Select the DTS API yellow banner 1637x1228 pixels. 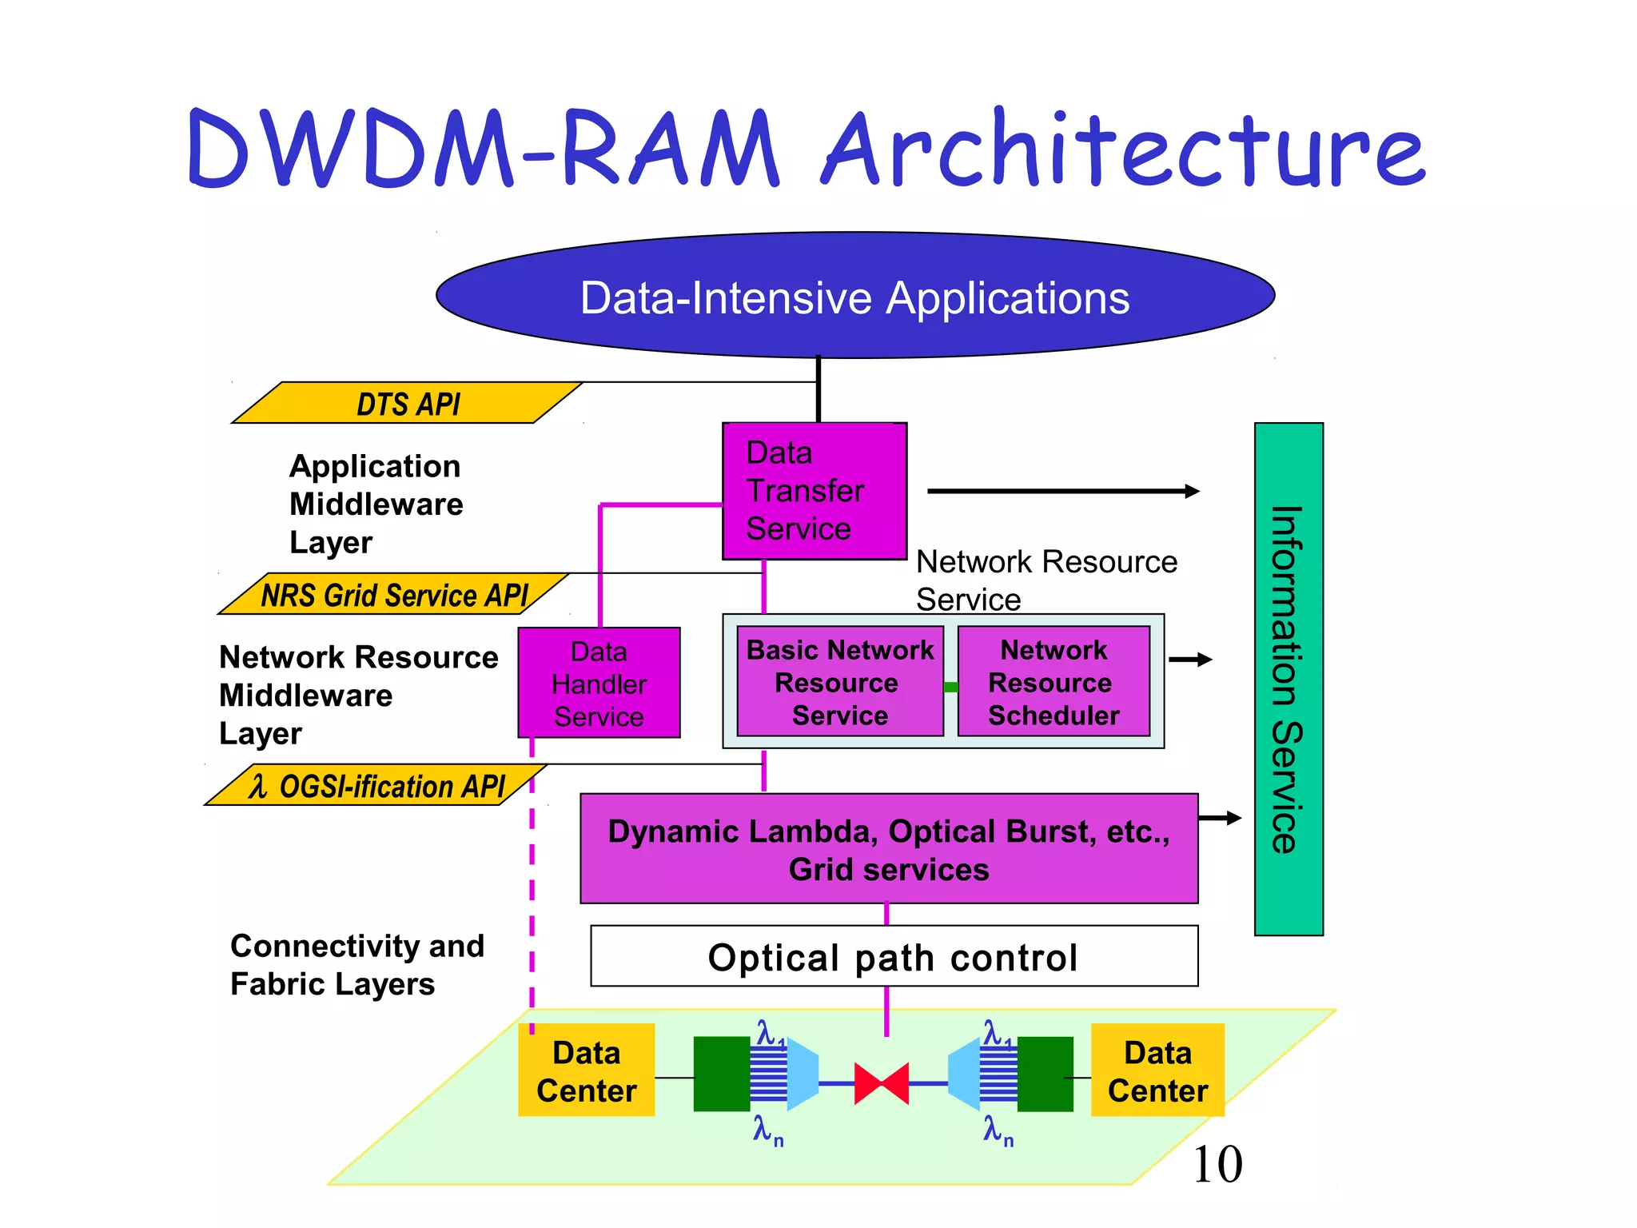(408, 403)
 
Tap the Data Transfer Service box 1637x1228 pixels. (814, 491)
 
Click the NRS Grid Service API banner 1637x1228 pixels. (393, 595)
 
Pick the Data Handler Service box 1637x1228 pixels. (599, 683)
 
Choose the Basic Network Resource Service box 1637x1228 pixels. (839, 682)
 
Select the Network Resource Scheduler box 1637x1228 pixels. (1053, 682)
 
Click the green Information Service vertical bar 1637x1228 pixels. (1288, 679)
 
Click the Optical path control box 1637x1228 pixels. (894, 956)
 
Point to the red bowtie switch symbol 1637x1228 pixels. (881, 1083)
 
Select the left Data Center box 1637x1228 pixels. (586, 1071)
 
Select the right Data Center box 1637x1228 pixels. (1157, 1071)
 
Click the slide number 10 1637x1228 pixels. (1217, 1164)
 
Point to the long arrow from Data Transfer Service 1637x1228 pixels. (1063, 491)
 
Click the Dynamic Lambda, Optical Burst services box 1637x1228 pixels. (889, 849)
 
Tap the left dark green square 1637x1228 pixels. (721, 1074)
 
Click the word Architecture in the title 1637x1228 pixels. (1123, 150)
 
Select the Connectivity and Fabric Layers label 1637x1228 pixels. (356, 964)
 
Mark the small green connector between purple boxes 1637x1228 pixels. (950, 687)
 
